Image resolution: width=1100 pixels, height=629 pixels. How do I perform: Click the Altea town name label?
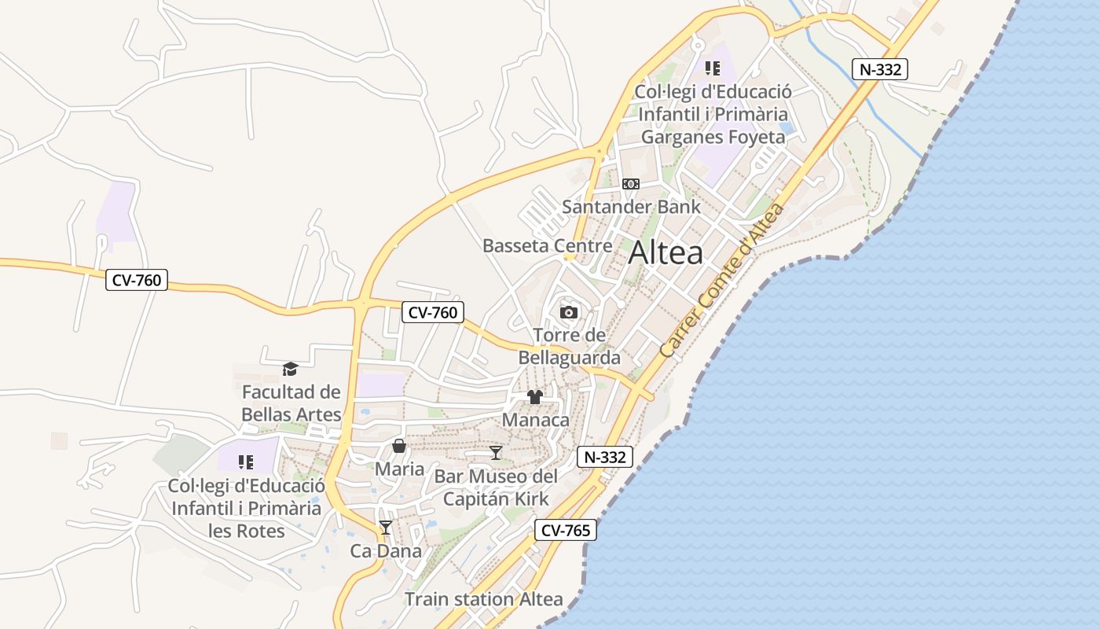(x=665, y=253)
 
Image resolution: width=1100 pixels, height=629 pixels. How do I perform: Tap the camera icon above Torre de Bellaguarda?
(x=569, y=312)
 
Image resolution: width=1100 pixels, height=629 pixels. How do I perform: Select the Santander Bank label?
(x=631, y=207)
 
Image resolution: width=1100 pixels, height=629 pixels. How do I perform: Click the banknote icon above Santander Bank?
(x=631, y=184)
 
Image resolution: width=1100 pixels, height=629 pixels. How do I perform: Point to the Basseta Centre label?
(x=547, y=245)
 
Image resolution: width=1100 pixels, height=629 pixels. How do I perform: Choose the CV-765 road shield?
(x=566, y=530)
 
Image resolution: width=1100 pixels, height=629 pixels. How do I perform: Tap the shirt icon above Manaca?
(x=535, y=397)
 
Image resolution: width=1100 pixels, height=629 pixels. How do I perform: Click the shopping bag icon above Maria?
(x=399, y=447)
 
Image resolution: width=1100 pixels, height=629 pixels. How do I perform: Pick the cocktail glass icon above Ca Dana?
(x=386, y=528)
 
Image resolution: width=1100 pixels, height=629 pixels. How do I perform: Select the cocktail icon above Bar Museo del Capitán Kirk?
(x=496, y=453)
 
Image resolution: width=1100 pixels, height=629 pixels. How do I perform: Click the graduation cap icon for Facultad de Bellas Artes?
(x=291, y=369)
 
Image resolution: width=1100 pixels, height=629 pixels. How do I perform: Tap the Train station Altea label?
(x=484, y=599)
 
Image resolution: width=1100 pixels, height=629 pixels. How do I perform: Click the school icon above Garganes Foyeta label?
(x=713, y=68)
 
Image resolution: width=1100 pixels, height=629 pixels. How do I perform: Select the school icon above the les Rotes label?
(x=246, y=462)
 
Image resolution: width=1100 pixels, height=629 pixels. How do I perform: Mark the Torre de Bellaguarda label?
(x=569, y=347)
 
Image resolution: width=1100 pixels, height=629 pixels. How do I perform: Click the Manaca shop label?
(x=535, y=420)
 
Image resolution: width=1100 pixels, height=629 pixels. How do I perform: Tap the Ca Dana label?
(x=386, y=550)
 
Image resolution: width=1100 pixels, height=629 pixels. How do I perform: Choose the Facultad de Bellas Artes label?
(x=291, y=403)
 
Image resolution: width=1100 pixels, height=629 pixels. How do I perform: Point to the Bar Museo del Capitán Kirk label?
(x=496, y=487)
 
